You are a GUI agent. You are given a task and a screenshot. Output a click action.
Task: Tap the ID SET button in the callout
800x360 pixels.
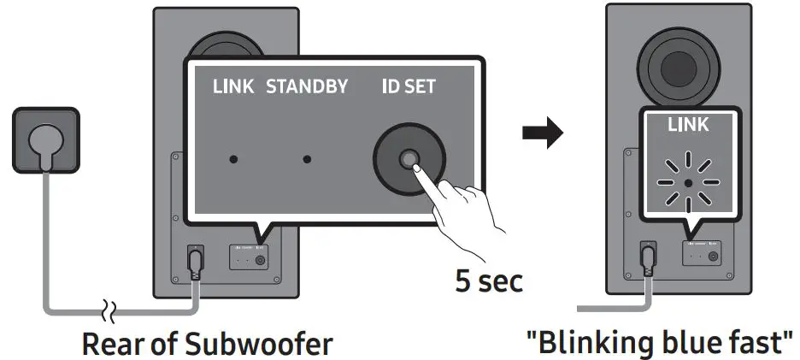coord(409,159)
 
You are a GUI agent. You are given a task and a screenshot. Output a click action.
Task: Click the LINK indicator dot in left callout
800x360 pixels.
coord(234,159)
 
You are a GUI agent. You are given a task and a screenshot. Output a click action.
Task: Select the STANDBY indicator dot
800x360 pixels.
coord(307,159)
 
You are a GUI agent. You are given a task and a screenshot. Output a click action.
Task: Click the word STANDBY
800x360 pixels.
coord(307,87)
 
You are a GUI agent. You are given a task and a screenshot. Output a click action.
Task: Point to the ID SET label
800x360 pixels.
coord(409,87)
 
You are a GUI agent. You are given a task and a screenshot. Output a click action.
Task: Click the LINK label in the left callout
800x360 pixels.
coord(233,87)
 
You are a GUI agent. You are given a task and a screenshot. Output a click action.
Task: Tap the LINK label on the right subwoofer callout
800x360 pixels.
coord(689,125)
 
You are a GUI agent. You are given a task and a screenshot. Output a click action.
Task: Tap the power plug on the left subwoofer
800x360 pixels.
coord(194,260)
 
